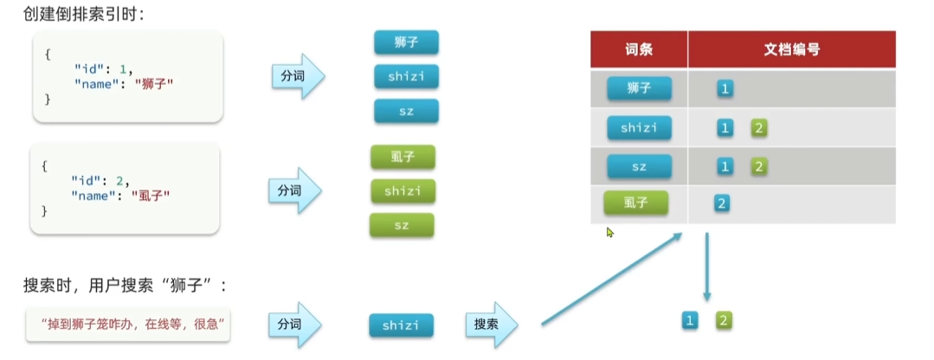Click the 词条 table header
[x=639, y=50]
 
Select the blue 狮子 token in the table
[x=639, y=88]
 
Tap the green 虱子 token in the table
[x=636, y=203]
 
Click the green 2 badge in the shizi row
[x=759, y=128]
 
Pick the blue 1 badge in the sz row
[x=725, y=166]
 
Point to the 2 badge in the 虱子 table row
[x=720, y=203]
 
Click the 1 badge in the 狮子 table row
[x=725, y=88]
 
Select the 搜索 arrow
[x=491, y=325]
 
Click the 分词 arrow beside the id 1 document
[x=297, y=77]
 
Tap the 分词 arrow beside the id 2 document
[x=294, y=190]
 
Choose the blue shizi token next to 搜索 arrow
[x=401, y=325]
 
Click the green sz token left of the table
[x=402, y=225]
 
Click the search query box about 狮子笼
[x=126, y=324]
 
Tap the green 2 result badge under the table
[x=724, y=321]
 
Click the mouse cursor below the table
[x=610, y=233]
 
